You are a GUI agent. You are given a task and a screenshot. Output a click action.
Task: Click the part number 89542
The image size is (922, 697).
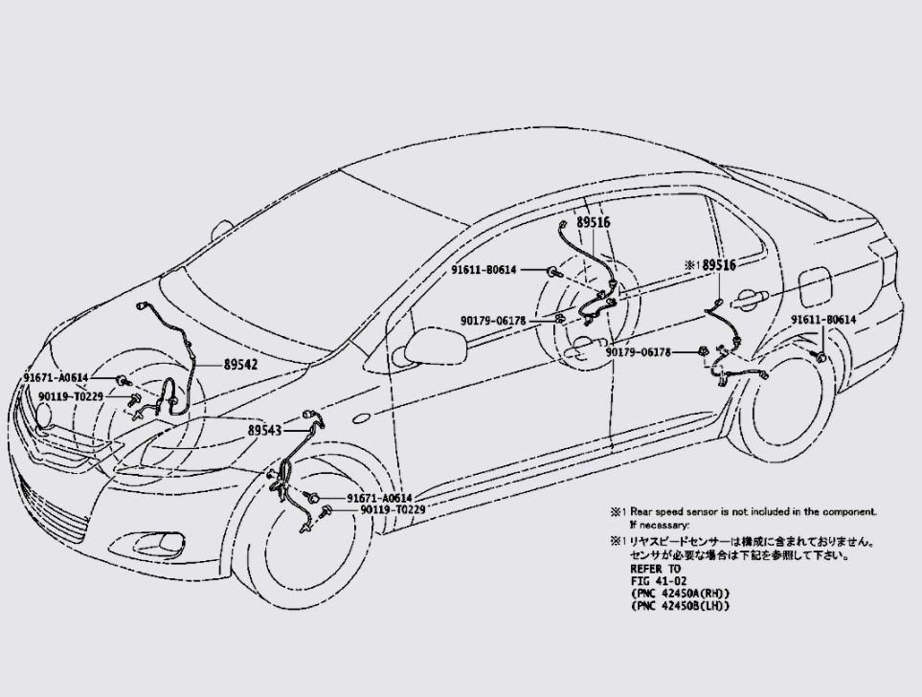[240, 365]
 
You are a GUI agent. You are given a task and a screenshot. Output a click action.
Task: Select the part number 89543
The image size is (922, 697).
[265, 431]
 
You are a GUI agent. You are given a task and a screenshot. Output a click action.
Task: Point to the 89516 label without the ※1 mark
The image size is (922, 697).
[593, 222]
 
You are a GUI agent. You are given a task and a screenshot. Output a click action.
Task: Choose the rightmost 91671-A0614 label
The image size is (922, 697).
[379, 498]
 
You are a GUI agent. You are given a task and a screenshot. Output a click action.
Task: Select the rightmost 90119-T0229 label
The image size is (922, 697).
[393, 510]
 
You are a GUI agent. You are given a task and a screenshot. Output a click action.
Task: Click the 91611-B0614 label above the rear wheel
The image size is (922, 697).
[823, 320]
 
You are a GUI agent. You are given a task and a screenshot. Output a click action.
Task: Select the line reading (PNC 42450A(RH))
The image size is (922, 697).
[680, 594]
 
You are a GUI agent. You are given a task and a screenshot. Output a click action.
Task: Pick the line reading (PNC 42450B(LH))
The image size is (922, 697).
[680, 606]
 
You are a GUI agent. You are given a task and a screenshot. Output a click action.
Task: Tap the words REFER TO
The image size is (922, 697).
[655, 569]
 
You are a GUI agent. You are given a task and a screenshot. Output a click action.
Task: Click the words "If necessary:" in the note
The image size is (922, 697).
[659, 525]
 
